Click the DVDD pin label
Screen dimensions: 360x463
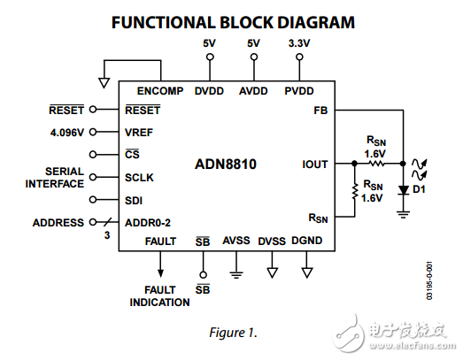210,90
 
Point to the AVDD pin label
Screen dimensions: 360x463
254,90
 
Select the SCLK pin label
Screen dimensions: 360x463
140,178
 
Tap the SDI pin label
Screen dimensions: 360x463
135,201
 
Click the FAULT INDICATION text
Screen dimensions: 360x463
160,296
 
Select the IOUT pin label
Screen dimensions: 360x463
315,164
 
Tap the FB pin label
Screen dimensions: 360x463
320,111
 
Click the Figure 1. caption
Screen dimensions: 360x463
233,333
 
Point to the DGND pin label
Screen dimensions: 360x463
306,241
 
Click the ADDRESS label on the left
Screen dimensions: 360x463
58,223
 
